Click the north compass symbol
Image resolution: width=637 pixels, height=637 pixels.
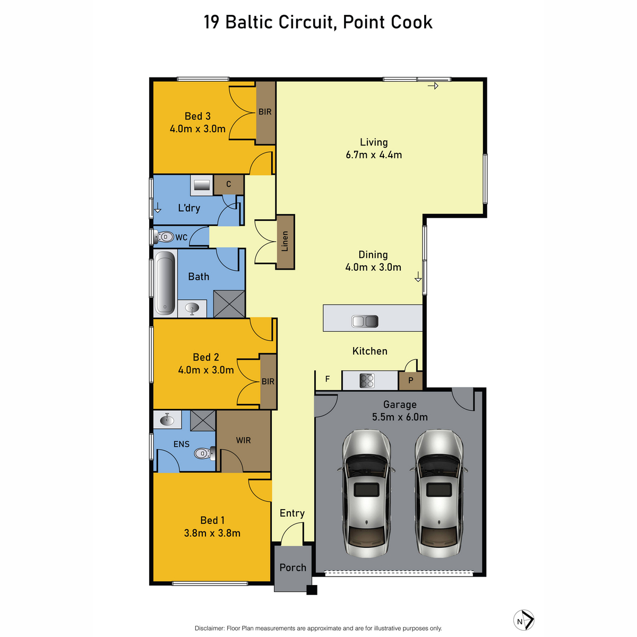coord(523,620)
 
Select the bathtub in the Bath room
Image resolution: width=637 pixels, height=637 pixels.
coord(165,283)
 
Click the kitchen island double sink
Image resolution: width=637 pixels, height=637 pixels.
coord(365,321)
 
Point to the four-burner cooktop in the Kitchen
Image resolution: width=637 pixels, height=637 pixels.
coord(367,381)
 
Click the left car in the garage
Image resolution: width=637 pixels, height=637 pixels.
coord(366,493)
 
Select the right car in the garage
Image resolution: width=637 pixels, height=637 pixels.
coord(439,493)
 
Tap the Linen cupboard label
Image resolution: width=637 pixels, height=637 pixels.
coord(285,242)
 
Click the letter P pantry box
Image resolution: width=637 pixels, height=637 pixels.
coord(410,381)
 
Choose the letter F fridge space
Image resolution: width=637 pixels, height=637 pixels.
coord(328,379)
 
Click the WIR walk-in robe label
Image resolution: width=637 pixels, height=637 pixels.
coord(243,440)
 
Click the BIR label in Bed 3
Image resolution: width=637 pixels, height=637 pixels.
coord(265,112)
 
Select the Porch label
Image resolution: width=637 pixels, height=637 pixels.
coord(292,567)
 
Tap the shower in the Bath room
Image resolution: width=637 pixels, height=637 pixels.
coord(229,304)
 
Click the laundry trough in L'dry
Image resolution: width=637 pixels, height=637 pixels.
coord(202,185)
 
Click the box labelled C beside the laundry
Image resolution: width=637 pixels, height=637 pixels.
coord(229,185)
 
